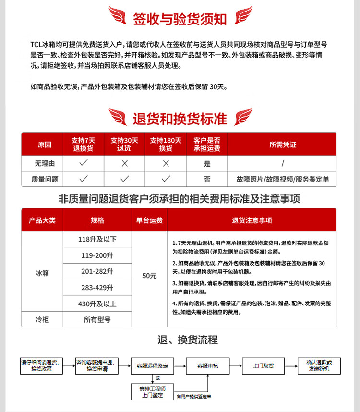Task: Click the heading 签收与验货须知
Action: coord(180,19)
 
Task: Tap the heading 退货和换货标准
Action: coord(180,118)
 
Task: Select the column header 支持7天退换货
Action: coord(83,144)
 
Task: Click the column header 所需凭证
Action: coord(282,144)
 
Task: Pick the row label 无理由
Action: coord(45,164)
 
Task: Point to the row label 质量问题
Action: coord(45,179)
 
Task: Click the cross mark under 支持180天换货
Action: coord(166,164)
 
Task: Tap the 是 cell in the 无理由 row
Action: coord(207,164)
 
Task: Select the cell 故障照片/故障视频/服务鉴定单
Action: coord(282,179)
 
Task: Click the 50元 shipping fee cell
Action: coord(149,276)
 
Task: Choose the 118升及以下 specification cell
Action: coord(97,239)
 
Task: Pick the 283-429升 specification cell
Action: coord(97,288)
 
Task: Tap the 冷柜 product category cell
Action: coord(42,319)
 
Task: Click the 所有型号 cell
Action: coord(97,319)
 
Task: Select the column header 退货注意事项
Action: coord(252,220)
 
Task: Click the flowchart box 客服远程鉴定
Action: coord(152,366)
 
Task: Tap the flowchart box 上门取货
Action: coord(263,366)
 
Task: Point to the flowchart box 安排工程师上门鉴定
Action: coord(152,392)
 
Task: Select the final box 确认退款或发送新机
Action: coord(318,366)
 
